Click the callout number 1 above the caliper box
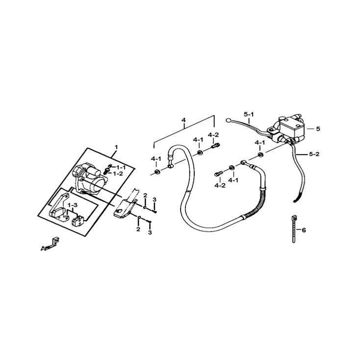pyautogui.click(x=116, y=147)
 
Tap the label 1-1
pyautogui.click(x=120, y=167)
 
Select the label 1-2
pyautogui.click(x=118, y=174)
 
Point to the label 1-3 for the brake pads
pyautogui.click(x=73, y=205)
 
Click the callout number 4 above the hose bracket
pyautogui.click(x=183, y=120)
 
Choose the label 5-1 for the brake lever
pyautogui.click(x=249, y=114)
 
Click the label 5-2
pyautogui.click(x=314, y=154)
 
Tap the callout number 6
pyautogui.click(x=304, y=230)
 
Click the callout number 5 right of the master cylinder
pyautogui.click(x=318, y=129)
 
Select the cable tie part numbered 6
pyautogui.click(x=294, y=229)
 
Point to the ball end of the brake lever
pyautogui.click(x=228, y=120)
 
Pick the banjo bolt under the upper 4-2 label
pyautogui.click(x=215, y=146)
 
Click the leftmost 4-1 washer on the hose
pyautogui.click(x=157, y=172)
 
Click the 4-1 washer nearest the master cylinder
pyautogui.click(x=261, y=154)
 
